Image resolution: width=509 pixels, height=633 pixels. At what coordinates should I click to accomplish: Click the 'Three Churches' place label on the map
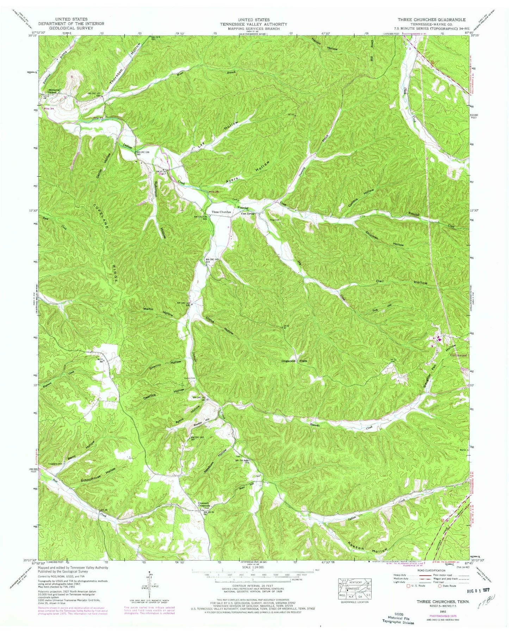pyautogui.click(x=221, y=212)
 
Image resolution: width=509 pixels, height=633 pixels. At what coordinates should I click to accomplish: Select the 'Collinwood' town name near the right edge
pyautogui.click(x=459, y=355)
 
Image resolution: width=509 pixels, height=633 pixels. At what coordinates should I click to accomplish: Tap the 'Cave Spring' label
pyautogui.click(x=248, y=213)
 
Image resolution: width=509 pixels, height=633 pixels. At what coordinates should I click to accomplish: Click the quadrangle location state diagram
pyautogui.click(x=355, y=589)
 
